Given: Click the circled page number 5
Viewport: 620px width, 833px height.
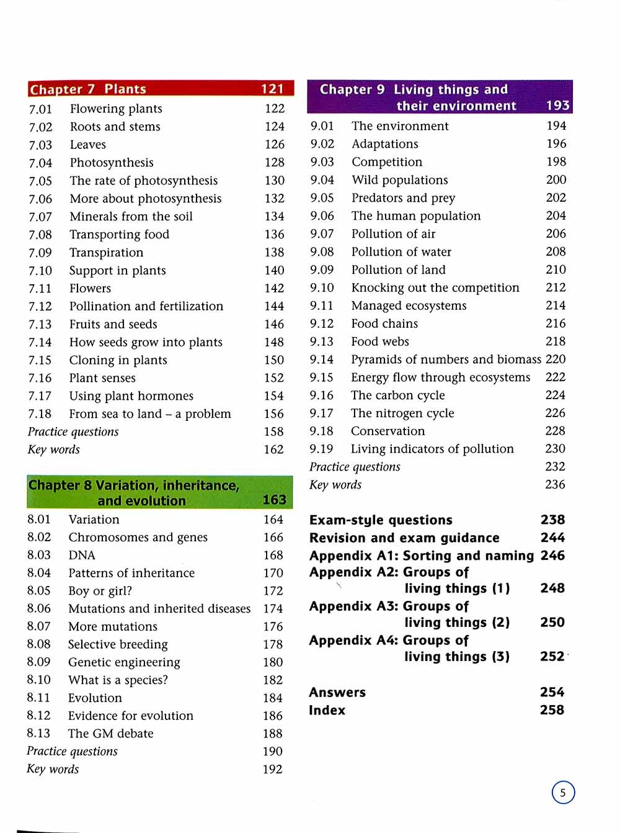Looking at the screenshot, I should pyautogui.click(x=563, y=793).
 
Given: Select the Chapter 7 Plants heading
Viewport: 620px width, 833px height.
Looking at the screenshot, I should pyautogui.click(x=88, y=89).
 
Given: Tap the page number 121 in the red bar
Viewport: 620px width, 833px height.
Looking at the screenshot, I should pyautogui.click(x=272, y=89).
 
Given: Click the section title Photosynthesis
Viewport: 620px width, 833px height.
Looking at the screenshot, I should pyautogui.click(x=112, y=163).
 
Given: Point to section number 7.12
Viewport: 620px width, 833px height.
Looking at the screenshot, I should pyautogui.click(x=40, y=307).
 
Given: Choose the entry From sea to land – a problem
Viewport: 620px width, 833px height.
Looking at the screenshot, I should pyautogui.click(x=150, y=414).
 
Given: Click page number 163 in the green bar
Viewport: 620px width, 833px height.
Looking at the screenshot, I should pyautogui.click(x=274, y=500).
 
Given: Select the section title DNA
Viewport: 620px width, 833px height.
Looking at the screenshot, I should pyautogui.click(x=82, y=556).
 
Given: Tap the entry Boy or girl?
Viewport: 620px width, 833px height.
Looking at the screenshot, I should pyautogui.click(x=100, y=591).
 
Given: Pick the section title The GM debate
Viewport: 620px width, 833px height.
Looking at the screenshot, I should pyautogui.click(x=111, y=734).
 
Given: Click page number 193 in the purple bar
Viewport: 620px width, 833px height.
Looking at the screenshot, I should pyautogui.click(x=557, y=106).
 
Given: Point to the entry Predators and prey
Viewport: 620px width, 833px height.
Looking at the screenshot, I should pyautogui.click(x=403, y=198).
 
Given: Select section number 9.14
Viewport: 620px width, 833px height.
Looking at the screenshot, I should pyautogui.click(x=322, y=360).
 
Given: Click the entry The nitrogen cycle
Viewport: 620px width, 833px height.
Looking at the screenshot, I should pyautogui.click(x=402, y=413).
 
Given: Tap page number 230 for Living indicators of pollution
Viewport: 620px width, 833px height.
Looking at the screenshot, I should pyautogui.click(x=555, y=449).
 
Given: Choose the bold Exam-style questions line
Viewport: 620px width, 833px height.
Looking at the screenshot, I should pyautogui.click(x=381, y=520).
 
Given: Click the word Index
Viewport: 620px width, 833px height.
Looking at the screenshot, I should pyautogui.click(x=327, y=710).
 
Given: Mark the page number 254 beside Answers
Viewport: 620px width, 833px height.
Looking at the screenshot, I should pyautogui.click(x=552, y=692).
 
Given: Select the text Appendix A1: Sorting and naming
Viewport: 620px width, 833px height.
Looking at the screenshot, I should pyautogui.click(x=421, y=556).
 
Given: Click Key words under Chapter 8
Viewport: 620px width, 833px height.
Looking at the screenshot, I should pyautogui.click(x=53, y=769).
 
